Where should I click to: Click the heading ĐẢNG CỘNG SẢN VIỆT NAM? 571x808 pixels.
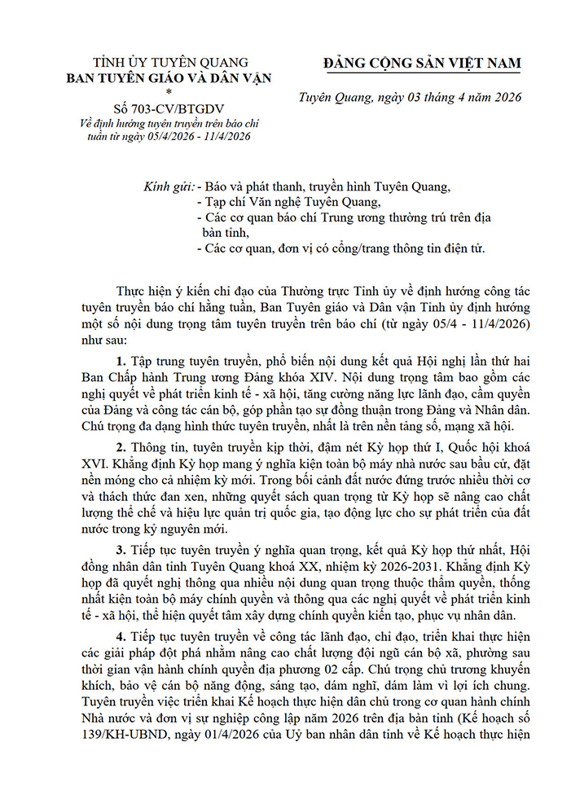[x=421, y=64]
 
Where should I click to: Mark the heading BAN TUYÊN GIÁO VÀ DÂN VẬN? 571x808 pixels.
[x=169, y=78]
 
